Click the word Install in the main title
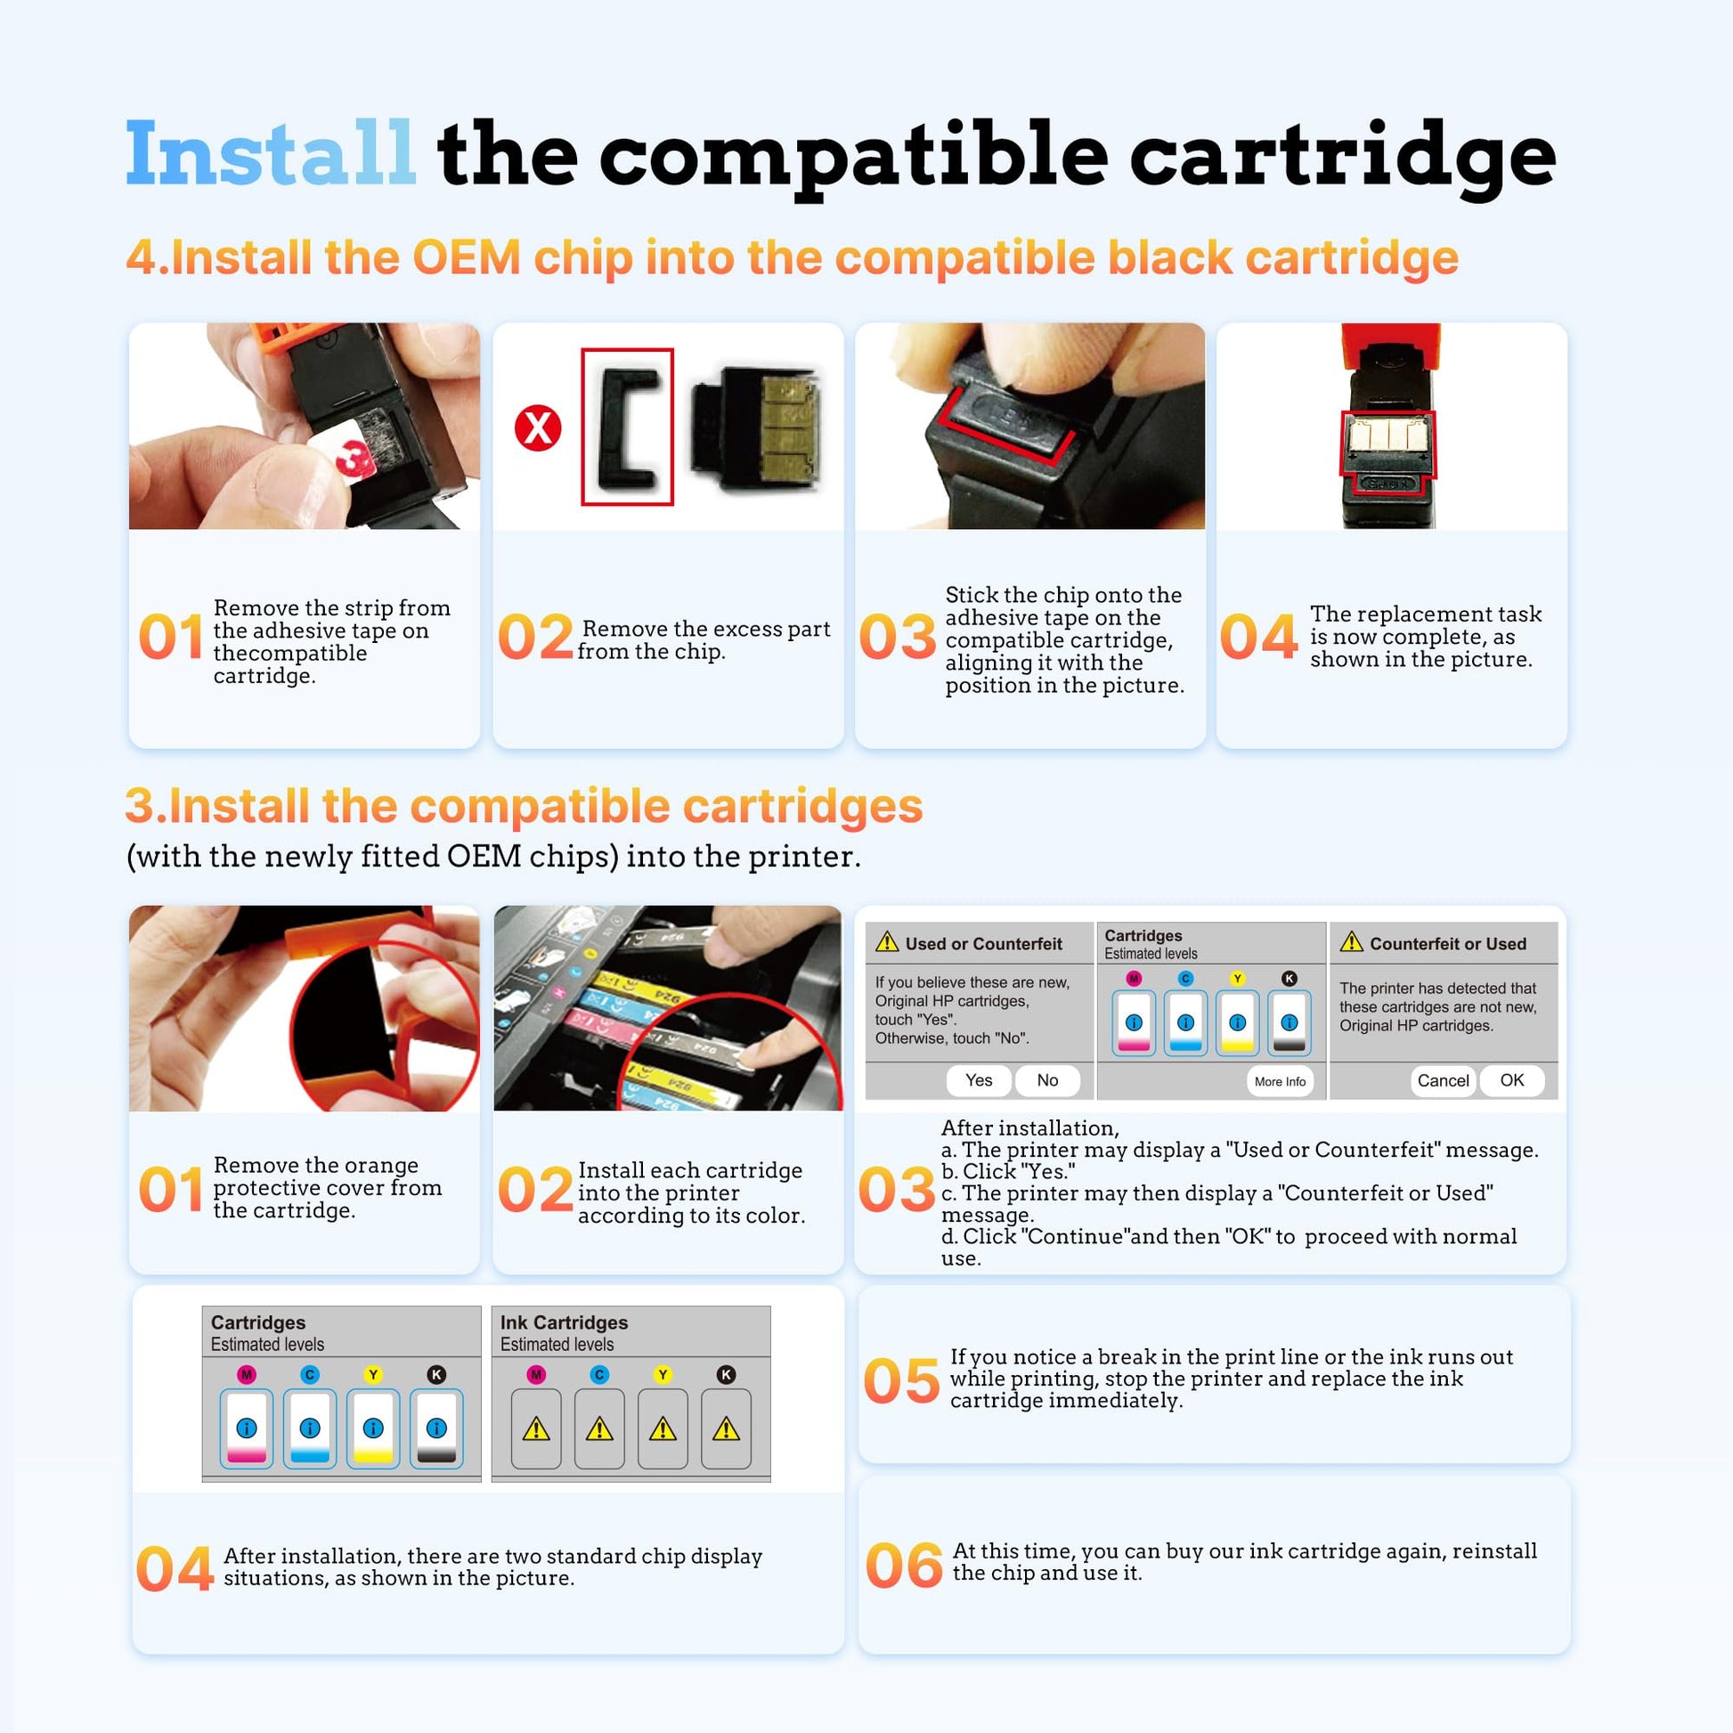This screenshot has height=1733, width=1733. click(x=270, y=154)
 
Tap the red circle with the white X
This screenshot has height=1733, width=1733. click(x=537, y=427)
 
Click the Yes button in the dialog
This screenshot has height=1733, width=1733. click(x=979, y=1080)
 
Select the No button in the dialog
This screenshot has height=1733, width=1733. click(x=1046, y=1080)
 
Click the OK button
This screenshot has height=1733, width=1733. click(x=1511, y=1080)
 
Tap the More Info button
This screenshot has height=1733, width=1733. click(x=1280, y=1082)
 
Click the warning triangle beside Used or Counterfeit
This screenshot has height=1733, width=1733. click(x=887, y=942)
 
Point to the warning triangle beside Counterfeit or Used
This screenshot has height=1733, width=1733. click(x=1351, y=942)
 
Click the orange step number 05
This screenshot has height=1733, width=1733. click(x=902, y=1381)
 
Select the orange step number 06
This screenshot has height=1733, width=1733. click(x=903, y=1566)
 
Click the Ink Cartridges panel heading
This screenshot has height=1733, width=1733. click(x=565, y=1322)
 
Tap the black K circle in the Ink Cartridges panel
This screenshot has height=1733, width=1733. click(x=726, y=1374)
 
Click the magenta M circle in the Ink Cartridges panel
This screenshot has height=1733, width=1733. click(x=536, y=1374)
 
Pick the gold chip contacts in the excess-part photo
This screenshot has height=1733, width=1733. click(x=787, y=427)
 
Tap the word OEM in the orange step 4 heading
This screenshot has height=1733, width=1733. click(x=467, y=257)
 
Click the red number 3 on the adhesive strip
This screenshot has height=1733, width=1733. click(x=353, y=456)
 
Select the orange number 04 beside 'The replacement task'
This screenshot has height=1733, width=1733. click(x=1258, y=637)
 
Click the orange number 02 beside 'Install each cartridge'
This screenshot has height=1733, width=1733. click(x=535, y=1190)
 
